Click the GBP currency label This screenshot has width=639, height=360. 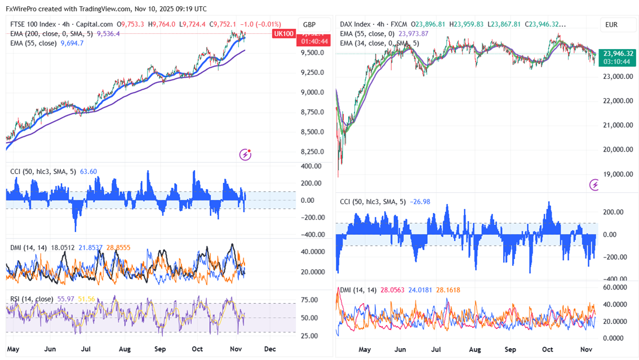[309, 25]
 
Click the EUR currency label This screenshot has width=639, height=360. [611, 25]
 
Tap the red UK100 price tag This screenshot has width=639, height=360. [283, 34]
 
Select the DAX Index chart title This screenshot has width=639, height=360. [356, 25]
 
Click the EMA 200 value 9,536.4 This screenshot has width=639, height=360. [108, 34]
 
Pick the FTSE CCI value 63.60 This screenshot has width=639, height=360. [89, 171]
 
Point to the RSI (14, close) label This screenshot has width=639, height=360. [32, 299]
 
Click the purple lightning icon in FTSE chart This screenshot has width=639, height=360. [245, 154]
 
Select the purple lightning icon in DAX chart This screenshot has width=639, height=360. [594, 184]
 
